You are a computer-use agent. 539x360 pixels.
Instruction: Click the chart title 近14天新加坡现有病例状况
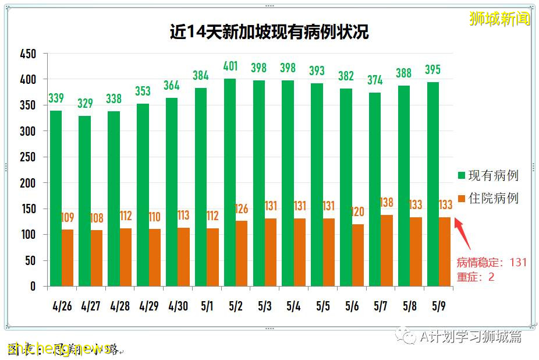click(269, 31)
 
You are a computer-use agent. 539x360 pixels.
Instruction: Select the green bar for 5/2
click(230, 182)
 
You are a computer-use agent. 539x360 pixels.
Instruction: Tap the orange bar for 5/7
click(386, 250)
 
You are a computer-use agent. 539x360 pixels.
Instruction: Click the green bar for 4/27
click(85, 201)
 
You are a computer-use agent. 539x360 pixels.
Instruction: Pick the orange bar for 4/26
click(68, 257)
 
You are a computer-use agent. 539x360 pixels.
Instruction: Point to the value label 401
click(230, 66)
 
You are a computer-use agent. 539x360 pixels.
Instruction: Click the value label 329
click(85, 104)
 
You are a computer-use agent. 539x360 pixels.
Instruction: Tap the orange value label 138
click(386, 203)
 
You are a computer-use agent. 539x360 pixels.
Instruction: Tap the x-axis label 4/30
click(178, 306)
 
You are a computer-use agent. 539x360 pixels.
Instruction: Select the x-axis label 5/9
click(439, 306)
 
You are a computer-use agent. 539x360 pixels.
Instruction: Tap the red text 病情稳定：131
click(491, 262)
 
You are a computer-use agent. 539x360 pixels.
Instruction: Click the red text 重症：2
click(476, 277)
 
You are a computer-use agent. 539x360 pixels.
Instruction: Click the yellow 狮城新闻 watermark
click(500, 19)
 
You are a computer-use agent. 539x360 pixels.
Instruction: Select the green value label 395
click(433, 70)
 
